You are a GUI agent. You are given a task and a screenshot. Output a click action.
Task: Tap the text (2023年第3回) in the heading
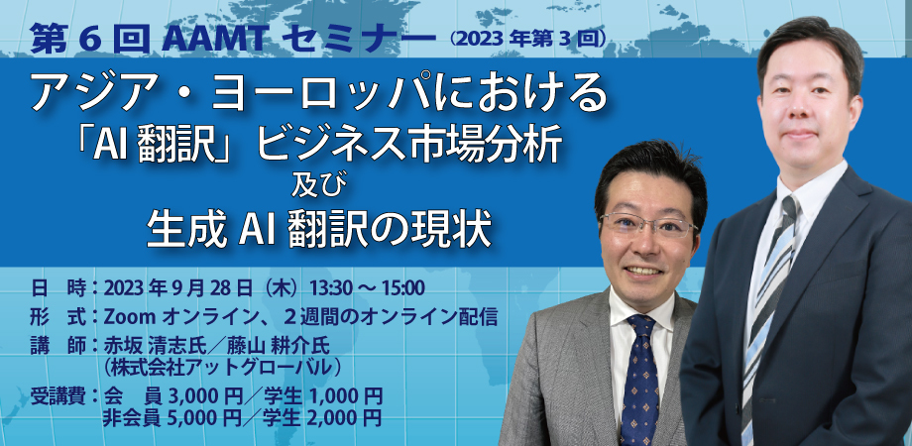pos(528,38)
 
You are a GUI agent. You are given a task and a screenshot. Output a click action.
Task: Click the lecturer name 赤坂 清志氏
pos(155,347)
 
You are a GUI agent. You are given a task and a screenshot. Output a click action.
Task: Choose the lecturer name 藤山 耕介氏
pos(278,347)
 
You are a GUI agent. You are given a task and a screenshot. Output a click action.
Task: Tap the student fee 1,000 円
pos(347,396)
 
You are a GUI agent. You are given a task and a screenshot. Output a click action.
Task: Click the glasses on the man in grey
pos(648,223)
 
